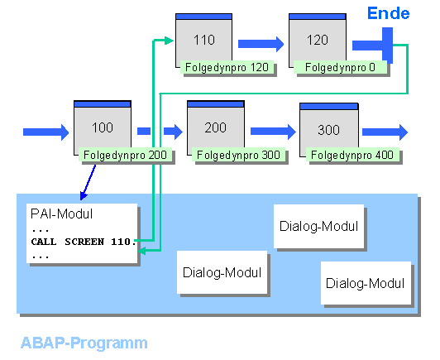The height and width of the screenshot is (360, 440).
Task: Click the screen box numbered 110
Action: (204, 41)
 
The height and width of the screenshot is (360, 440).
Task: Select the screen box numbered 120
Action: (318, 41)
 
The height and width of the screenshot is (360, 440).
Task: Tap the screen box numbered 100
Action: (103, 127)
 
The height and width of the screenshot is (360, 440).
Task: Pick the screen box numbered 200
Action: (216, 127)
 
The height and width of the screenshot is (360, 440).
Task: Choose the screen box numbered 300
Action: (329, 130)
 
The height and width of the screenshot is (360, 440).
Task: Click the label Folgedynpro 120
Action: (227, 67)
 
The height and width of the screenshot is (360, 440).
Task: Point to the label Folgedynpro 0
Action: (340, 67)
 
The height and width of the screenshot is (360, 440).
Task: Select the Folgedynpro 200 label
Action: (125, 155)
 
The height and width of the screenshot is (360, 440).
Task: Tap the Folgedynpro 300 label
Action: (238, 155)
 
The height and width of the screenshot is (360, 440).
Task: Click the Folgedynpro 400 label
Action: (352, 155)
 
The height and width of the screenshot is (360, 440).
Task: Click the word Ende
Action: (389, 13)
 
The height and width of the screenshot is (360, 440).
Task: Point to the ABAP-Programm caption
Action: (84, 343)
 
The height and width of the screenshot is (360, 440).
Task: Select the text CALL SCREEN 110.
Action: (83, 242)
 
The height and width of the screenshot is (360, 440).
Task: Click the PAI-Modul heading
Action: (61, 214)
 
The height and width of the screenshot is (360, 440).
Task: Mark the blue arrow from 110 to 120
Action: (261, 44)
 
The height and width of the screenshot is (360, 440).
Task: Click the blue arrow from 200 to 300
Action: (273, 132)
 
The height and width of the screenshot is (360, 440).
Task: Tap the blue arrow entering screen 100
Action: (45, 132)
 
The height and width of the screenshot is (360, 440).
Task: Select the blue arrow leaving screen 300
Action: (385, 132)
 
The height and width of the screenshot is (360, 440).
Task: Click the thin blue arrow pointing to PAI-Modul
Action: (88, 183)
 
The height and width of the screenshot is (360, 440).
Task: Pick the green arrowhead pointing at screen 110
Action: (169, 41)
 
